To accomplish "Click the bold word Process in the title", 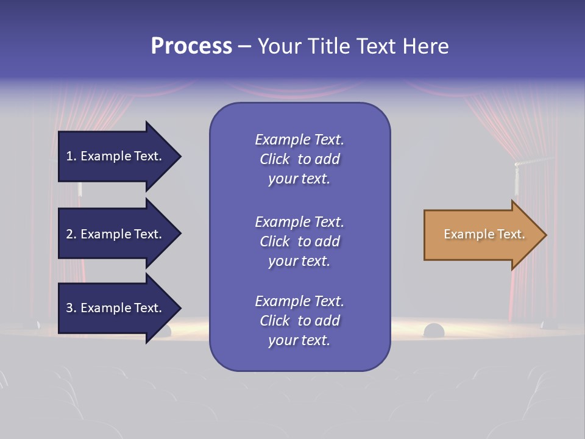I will [191, 46].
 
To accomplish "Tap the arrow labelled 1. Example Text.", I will [116, 156].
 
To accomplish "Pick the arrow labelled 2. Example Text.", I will [116, 234].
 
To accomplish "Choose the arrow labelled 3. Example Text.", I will [116, 308].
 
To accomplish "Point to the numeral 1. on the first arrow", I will [71, 156].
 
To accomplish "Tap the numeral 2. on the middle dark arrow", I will [71, 234].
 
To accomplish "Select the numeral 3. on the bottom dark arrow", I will [71, 308].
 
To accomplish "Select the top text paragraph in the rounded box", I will [299, 159].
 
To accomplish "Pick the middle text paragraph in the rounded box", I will [299, 241].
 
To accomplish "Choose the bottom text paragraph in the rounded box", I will [299, 321].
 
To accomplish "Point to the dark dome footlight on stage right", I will [434, 330].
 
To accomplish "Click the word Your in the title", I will [278, 46].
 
